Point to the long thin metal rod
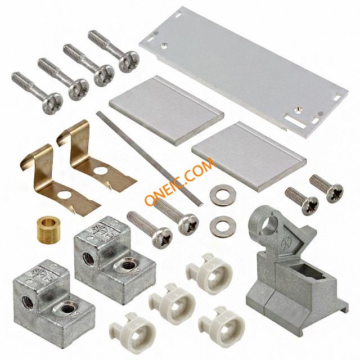[149, 159]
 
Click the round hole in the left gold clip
[65, 195]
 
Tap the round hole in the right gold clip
[100, 171]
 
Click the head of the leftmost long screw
[52, 103]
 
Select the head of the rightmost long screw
[129, 61]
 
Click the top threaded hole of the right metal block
[128, 265]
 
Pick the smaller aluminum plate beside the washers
[249, 156]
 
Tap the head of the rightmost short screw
[335, 193]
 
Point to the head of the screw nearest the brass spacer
[163, 238]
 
